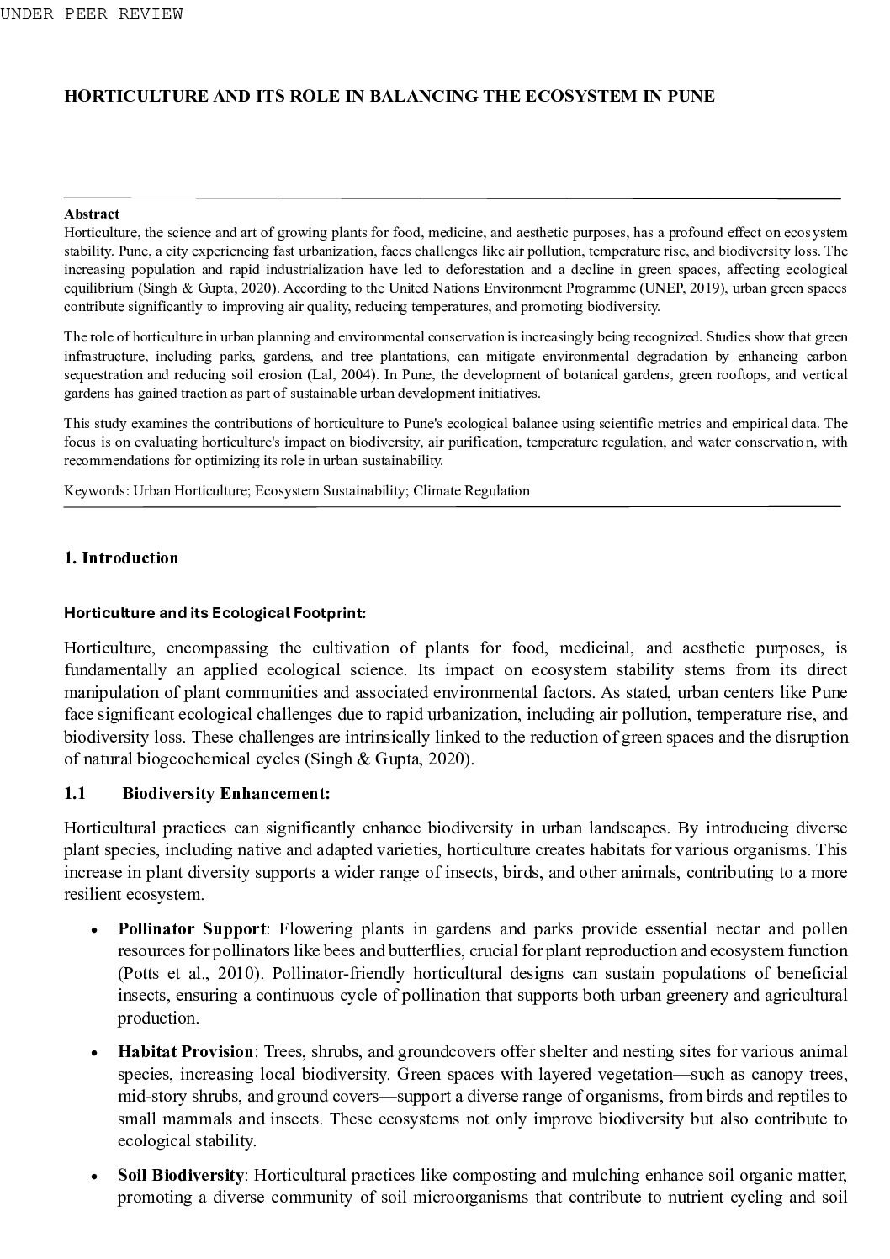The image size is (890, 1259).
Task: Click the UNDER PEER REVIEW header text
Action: pyautogui.click(x=91, y=13)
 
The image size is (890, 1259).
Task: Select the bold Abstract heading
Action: pyautogui.click(x=92, y=214)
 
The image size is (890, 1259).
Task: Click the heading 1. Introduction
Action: pyautogui.click(x=121, y=558)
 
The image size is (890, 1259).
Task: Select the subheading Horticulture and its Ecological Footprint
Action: pyautogui.click(x=215, y=613)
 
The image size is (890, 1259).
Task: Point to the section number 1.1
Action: pyautogui.click(x=75, y=793)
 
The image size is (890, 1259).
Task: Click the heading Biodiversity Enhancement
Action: pyautogui.click(x=225, y=793)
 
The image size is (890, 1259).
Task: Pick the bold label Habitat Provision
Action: pyautogui.click(x=185, y=1052)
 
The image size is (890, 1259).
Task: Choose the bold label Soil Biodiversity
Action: pyautogui.click(x=181, y=1175)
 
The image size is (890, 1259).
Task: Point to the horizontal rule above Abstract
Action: pyautogui.click(x=452, y=198)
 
